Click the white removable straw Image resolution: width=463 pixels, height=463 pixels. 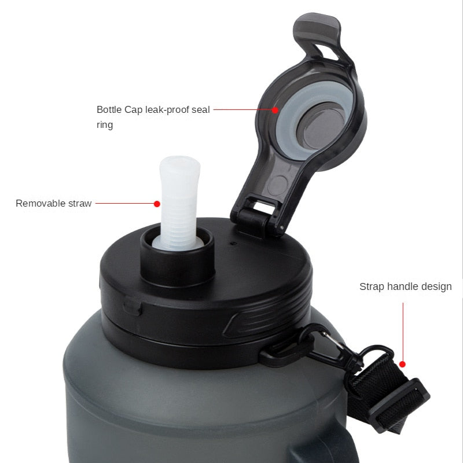click(179, 204)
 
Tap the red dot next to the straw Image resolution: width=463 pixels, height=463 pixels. click(157, 204)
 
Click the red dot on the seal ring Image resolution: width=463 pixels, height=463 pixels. click(275, 110)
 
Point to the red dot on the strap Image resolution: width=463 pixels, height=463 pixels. click(402, 365)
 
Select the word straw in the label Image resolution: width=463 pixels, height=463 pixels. click(80, 204)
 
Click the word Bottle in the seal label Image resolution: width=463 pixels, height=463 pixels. click(109, 109)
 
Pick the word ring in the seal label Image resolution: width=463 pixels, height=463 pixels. click(105, 125)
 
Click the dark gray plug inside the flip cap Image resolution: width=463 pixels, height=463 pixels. click(321, 126)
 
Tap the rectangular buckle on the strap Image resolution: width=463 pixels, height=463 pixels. click(399, 405)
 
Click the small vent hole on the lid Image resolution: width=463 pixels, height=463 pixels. click(234, 244)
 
